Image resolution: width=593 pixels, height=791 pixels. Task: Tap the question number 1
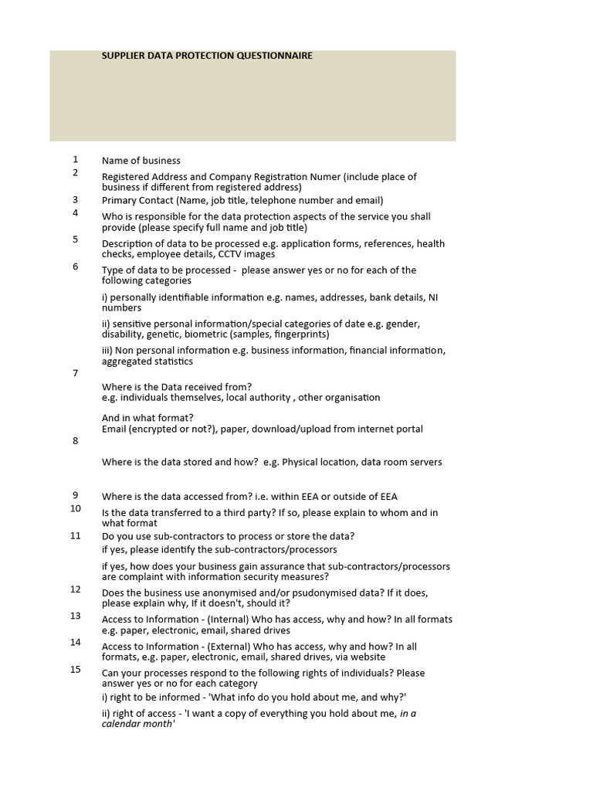click(x=76, y=159)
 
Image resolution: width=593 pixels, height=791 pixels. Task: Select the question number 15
click(x=76, y=669)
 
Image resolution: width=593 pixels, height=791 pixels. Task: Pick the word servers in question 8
click(x=425, y=462)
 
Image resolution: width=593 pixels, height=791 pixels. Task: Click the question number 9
click(x=76, y=495)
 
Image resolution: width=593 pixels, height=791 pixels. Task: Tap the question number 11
click(x=76, y=535)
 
